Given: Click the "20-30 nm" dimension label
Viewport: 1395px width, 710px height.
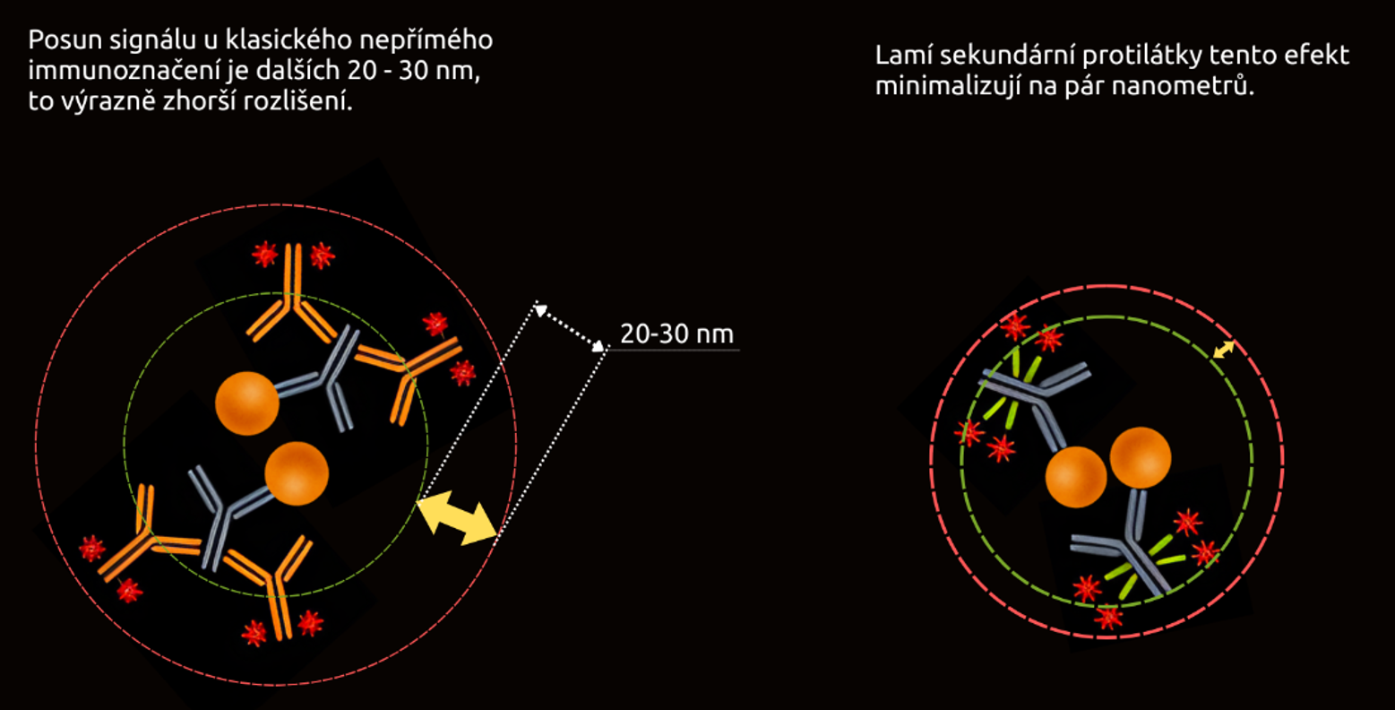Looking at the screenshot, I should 676,334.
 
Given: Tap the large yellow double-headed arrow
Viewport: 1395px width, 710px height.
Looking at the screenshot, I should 457,521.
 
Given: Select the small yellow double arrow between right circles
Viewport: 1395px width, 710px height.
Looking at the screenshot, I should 1223,350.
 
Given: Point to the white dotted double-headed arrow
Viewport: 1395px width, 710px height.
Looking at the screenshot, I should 571,328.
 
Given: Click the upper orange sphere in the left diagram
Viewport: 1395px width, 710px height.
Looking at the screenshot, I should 247,403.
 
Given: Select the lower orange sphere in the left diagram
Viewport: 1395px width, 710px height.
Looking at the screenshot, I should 297,473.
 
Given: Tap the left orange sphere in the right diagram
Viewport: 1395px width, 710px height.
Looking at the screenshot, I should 1076,477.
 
